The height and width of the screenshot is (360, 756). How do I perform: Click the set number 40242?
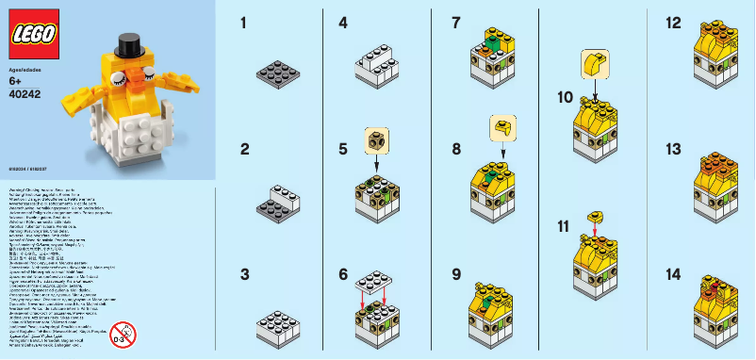[x=25, y=93]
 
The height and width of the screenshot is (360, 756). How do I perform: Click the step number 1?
[x=243, y=22]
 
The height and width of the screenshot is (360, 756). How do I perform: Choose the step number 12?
[x=674, y=22]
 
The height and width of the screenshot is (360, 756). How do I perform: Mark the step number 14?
[x=674, y=274]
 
